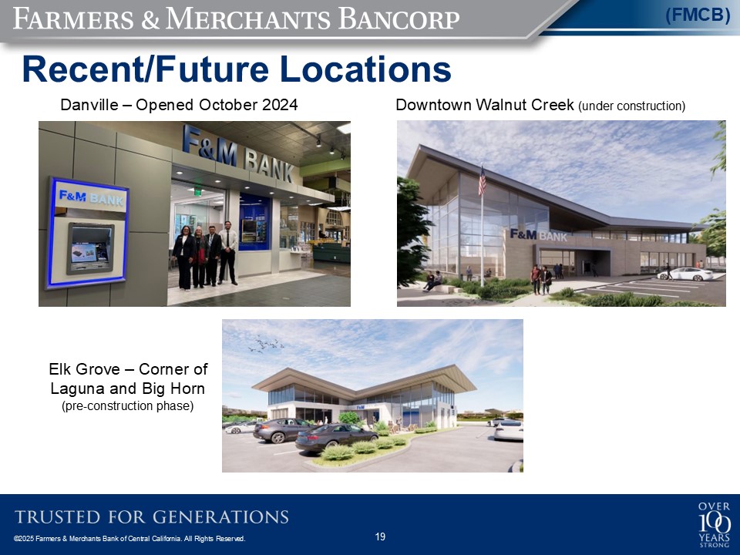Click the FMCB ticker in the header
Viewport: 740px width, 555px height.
[698, 15]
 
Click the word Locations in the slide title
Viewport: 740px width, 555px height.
[365, 69]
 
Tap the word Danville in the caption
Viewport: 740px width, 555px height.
[89, 104]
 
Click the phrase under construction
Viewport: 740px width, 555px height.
[632, 106]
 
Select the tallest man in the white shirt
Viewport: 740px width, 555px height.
[228, 253]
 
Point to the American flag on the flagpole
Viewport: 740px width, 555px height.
[482, 180]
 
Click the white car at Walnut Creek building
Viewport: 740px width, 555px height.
[685, 274]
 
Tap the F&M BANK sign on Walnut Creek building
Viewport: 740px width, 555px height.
[539, 234]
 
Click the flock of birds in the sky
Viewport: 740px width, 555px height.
[266, 344]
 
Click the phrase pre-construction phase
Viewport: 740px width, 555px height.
[127, 406]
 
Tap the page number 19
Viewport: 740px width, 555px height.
[380, 536]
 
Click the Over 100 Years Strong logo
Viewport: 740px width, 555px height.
[715, 524]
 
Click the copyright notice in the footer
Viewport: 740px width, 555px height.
[129, 539]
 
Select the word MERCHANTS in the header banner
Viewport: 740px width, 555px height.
[247, 19]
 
